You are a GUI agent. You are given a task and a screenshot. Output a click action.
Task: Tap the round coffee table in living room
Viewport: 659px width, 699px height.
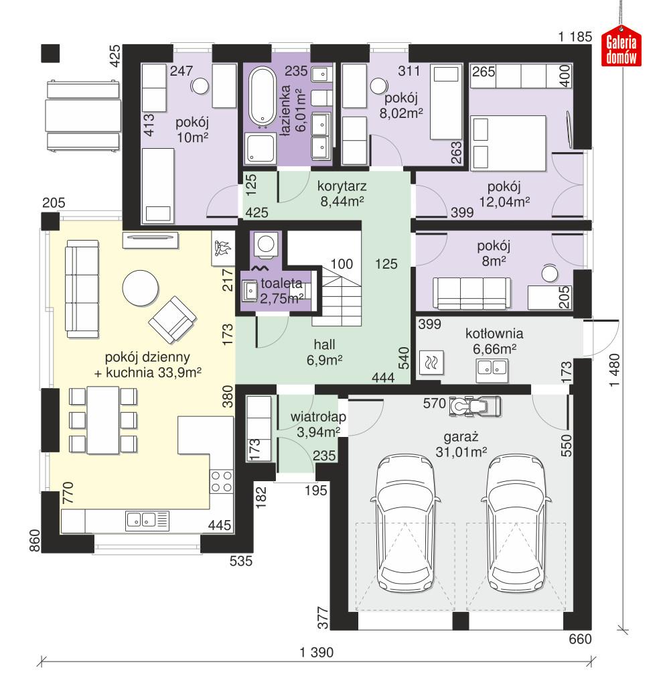click(x=141, y=288)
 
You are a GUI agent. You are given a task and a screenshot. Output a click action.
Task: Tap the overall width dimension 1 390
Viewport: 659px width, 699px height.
click(x=316, y=653)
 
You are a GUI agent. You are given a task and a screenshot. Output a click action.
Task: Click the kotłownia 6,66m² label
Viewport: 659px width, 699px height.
click(x=496, y=340)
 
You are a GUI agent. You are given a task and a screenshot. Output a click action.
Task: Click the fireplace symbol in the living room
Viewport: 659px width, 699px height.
click(x=222, y=249)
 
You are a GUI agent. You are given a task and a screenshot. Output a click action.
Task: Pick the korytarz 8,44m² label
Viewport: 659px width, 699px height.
click(x=342, y=192)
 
